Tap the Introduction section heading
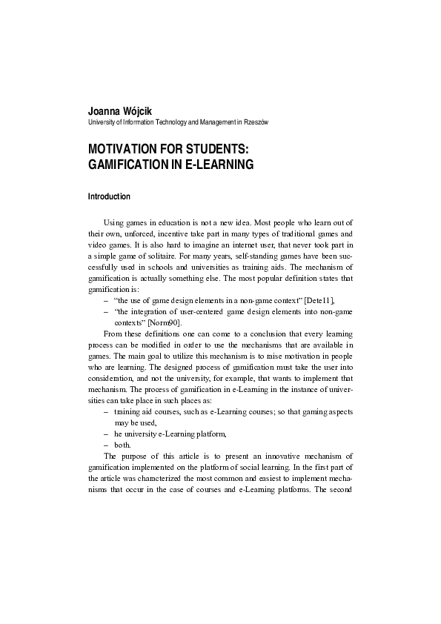coord(109,197)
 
